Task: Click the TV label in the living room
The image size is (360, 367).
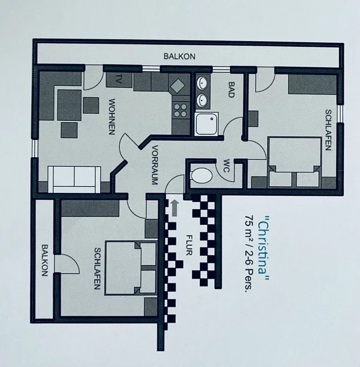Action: [x=119, y=79]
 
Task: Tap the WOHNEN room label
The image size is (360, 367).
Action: [x=112, y=117]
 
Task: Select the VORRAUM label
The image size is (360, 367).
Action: [x=155, y=165]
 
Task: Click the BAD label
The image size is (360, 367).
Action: [x=231, y=90]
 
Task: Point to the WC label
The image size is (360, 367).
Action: [x=226, y=166]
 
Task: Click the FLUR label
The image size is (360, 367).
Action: [x=189, y=245]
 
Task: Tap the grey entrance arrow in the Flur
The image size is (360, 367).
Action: [x=174, y=208]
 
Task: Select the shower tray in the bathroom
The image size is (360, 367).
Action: [x=206, y=123]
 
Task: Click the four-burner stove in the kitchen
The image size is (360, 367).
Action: [x=181, y=110]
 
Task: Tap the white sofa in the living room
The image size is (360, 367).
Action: [x=74, y=180]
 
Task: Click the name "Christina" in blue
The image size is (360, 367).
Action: [x=264, y=248]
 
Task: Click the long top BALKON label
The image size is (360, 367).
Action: [x=179, y=56]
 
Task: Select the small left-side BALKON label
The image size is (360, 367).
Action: [x=45, y=260]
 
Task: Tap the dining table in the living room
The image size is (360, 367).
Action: [x=70, y=105]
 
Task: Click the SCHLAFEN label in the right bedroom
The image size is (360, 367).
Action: [x=328, y=130]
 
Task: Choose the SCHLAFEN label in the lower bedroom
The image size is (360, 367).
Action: [x=97, y=269]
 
